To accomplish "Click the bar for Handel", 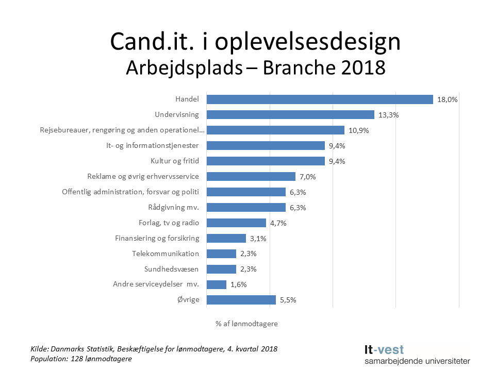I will point(320,99).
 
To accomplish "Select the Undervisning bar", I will point(290,115).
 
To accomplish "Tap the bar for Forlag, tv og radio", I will point(236,223).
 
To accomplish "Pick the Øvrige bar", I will point(241,300).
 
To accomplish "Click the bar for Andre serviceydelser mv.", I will point(217,284).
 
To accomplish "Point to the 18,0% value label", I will point(447,99).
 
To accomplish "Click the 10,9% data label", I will point(358,130).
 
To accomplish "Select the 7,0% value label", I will point(307,177).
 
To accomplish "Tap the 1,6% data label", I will point(238,284).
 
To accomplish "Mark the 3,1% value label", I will point(258,239).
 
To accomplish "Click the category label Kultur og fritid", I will point(174,161).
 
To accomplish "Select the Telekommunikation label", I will point(166,254).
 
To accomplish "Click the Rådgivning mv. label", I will point(173,208).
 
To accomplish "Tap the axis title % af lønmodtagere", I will point(246,324).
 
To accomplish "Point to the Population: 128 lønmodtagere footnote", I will point(81,359).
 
